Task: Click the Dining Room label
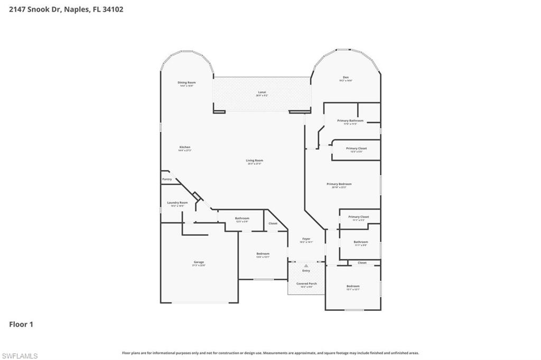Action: [186, 83]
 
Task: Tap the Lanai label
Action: [262, 92]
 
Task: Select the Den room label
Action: [346, 78]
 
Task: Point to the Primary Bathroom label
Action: [350, 121]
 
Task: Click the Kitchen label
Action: [184, 147]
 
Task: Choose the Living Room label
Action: [254, 160]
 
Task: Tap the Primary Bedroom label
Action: [339, 184]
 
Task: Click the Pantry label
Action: [167, 179]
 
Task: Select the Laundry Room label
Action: [178, 203]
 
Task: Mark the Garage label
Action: [199, 262]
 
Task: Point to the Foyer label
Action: [306, 239]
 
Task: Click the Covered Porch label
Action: [306, 283]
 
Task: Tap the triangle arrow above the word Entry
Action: [306, 266]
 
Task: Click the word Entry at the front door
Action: [306, 271]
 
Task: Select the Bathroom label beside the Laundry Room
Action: [242, 218]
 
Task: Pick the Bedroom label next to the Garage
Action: [263, 254]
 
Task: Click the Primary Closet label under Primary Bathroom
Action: [356, 148]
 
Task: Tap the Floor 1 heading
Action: [21, 325]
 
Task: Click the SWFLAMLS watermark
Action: [20, 356]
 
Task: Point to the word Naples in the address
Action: [76, 9]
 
